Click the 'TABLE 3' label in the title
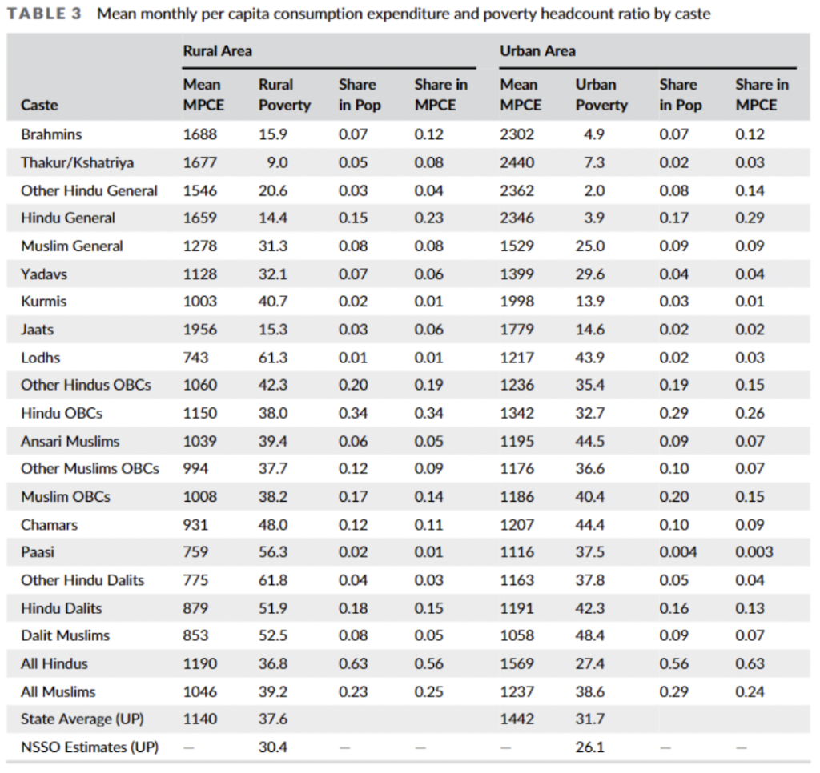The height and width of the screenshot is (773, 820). pyautogui.click(x=46, y=14)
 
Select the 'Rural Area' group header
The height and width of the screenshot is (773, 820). pyautogui.click(x=217, y=51)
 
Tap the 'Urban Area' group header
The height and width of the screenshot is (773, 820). pyautogui.click(x=537, y=51)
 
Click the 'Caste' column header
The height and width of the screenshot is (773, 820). pyautogui.click(x=39, y=105)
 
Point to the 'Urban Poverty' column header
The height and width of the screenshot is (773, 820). pyautogui.click(x=601, y=94)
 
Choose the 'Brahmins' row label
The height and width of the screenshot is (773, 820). pyautogui.click(x=51, y=134)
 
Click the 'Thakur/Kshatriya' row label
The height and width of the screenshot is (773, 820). pyautogui.click(x=77, y=162)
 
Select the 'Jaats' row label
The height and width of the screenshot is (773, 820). pyautogui.click(x=38, y=329)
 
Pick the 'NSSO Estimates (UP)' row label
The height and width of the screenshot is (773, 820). pyautogui.click(x=89, y=747)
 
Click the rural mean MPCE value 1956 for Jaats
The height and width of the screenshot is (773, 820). pyautogui.click(x=199, y=329)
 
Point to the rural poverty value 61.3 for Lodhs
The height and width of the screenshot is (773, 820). pyautogui.click(x=272, y=357)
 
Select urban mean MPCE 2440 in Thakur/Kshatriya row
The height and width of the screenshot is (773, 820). pyautogui.click(x=517, y=162)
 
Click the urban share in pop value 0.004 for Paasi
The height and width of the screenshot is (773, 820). pyautogui.click(x=678, y=551)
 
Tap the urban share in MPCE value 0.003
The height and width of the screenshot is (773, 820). pyautogui.click(x=754, y=551)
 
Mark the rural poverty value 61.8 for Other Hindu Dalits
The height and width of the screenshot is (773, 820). pyautogui.click(x=272, y=579)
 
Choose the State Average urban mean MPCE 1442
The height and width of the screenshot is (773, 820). pyautogui.click(x=517, y=719)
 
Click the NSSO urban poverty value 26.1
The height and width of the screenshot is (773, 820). pyautogui.click(x=589, y=747)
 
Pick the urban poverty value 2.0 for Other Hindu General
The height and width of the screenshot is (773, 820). pyautogui.click(x=594, y=190)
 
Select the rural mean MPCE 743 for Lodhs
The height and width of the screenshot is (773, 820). pyautogui.click(x=196, y=357)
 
